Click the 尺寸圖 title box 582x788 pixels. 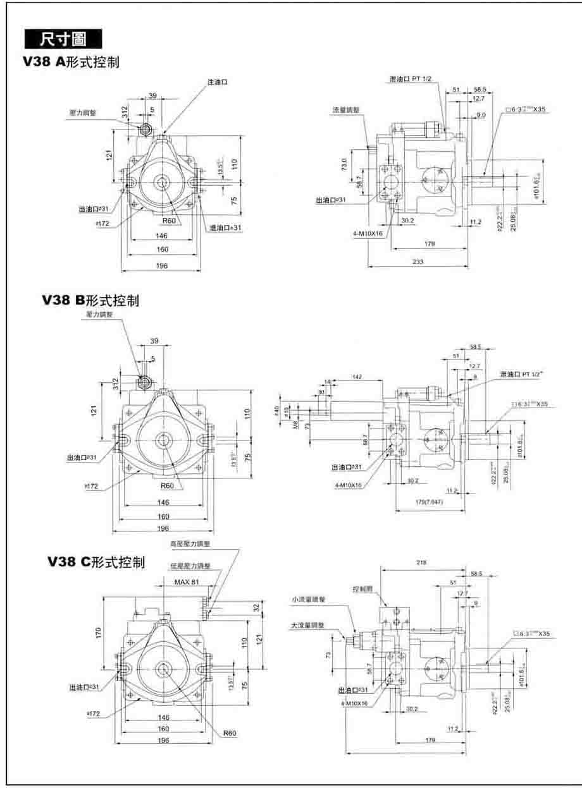[63, 39]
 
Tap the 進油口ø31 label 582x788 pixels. [224, 227]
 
